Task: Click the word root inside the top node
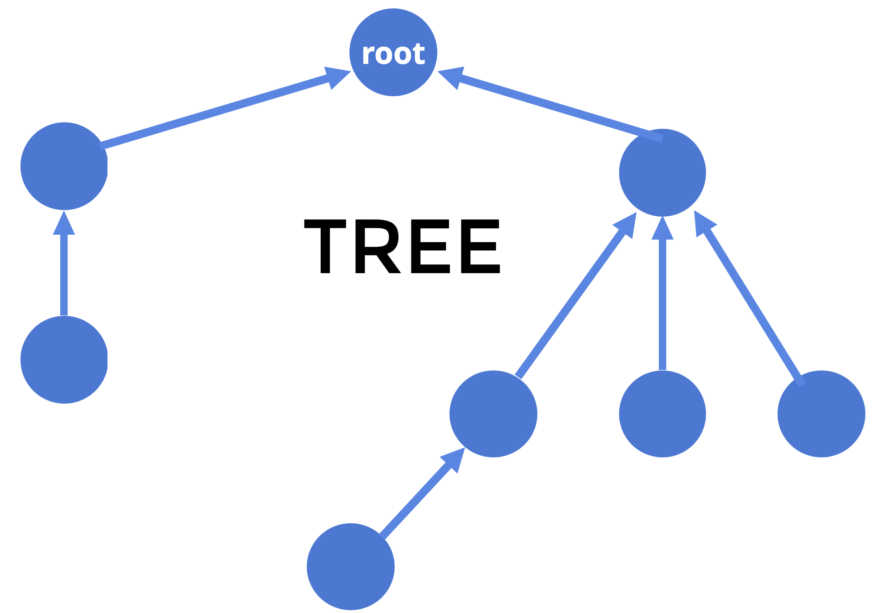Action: (x=393, y=54)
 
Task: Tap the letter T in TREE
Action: (x=325, y=246)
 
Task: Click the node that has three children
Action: (x=662, y=173)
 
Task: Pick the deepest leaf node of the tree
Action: (x=350, y=567)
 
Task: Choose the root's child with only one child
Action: (x=64, y=166)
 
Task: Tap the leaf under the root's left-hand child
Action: (x=64, y=360)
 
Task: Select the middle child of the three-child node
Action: (x=662, y=414)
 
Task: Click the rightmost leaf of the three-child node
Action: (x=821, y=414)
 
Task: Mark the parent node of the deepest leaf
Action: (x=493, y=414)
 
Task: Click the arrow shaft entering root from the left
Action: (x=213, y=113)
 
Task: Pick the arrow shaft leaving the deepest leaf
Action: (x=415, y=500)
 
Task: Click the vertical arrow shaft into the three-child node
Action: (x=662, y=303)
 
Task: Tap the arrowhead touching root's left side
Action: (x=336, y=77)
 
